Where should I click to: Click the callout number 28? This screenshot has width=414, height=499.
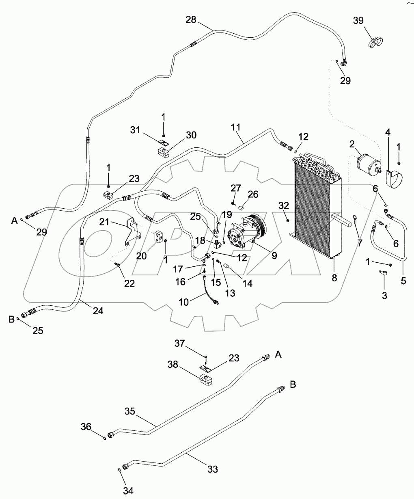point(191,19)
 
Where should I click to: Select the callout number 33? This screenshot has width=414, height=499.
point(212,469)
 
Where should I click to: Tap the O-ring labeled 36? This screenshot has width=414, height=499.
point(105,438)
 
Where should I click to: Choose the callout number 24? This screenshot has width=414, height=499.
point(97,311)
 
